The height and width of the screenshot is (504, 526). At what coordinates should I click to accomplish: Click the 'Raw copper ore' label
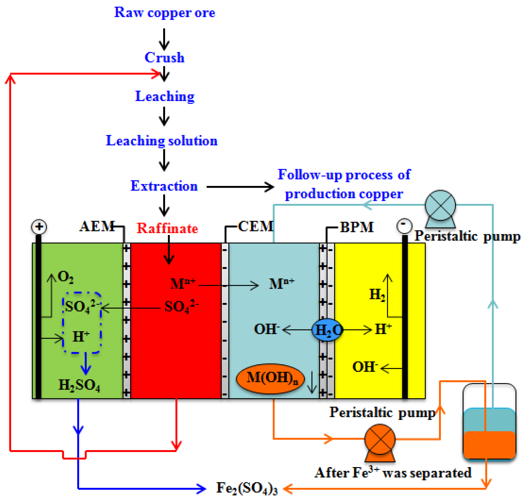click(x=165, y=13)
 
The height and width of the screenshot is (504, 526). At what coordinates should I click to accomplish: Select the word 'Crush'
click(x=165, y=57)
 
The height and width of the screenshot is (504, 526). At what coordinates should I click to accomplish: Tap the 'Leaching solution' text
click(x=162, y=141)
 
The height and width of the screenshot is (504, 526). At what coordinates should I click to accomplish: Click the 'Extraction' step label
click(x=164, y=186)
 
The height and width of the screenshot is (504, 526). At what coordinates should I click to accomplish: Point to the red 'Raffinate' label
click(x=167, y=228)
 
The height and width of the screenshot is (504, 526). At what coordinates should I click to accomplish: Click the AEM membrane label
click(x=97, y=227)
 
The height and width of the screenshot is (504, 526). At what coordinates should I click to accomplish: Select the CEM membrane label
click(x=256, y=227)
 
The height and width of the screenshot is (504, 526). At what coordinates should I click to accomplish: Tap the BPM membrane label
click(x=356, y=227)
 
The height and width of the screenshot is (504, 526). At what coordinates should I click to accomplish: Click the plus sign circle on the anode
click(x=39, y=227)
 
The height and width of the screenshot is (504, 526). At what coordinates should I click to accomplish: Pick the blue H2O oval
click(x=327, y=330)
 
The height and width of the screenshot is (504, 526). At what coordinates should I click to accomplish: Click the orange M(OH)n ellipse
click(x=270, y=378)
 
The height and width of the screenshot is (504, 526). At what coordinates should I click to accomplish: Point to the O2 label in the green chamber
click(x=65, y=277)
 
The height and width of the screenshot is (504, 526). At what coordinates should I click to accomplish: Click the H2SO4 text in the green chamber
click(x=79, y=386)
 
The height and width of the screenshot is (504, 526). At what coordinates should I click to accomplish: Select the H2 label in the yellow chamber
click(x=377, y=294)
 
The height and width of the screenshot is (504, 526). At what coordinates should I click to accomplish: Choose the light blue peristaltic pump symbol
click(x=440, y=206)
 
